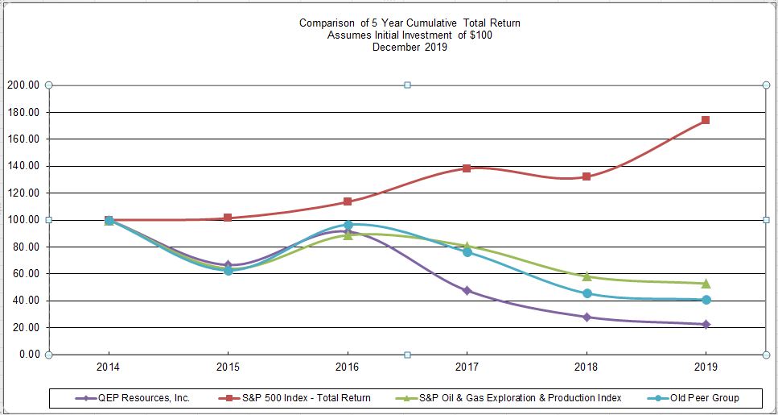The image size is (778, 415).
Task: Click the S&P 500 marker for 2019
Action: click(706, 120)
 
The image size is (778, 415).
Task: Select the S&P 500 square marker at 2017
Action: click(467, 168)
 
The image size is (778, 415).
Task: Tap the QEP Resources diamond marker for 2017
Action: click(467, 290)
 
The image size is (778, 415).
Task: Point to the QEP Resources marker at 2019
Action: click(706, 324)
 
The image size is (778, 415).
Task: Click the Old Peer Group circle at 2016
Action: click(348, 226)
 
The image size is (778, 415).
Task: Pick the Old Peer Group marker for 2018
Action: click(587, 293)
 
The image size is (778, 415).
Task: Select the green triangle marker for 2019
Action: click(706, 283)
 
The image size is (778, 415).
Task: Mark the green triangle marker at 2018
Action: click(587, 276)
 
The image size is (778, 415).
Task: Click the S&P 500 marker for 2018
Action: click(587, 176)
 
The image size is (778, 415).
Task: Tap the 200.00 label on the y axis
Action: click(24, 85)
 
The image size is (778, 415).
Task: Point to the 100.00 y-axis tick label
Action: click(24, 220)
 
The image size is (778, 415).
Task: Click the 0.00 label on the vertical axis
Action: click(29, 355)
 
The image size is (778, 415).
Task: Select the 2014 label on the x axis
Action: click(109, 367)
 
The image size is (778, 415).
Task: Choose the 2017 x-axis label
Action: click(467, 367)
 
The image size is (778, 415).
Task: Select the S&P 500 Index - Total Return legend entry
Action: click(302, 398)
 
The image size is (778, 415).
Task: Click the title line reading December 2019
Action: click(410, 48)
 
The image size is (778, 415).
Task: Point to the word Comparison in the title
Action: click(327, 23)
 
